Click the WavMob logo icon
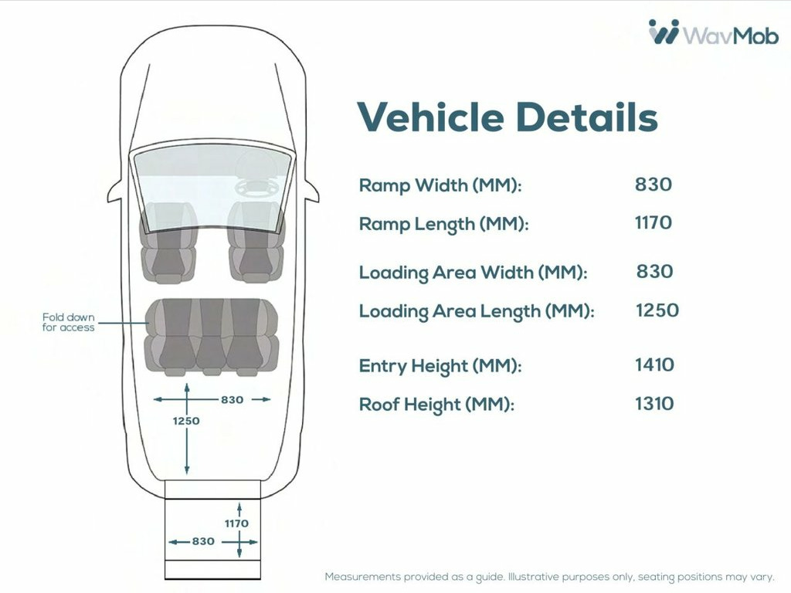664,32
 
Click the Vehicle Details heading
508,117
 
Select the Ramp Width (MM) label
440,185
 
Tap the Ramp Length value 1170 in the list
654,222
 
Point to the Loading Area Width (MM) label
474,273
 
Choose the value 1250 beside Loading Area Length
657,310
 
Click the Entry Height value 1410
654,364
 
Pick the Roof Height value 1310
654,403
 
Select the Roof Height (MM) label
436,405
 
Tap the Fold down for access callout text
68,322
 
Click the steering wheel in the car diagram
256,188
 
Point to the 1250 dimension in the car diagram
186,421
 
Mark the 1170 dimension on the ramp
236,524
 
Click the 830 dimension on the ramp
203,541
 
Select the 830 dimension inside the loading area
232,400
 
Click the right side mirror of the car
311,191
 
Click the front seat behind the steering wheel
256,242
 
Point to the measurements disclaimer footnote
549,577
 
